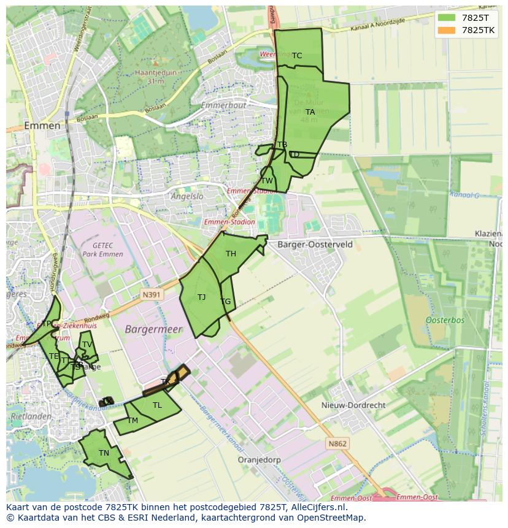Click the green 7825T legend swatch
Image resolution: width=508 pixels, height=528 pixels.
446,18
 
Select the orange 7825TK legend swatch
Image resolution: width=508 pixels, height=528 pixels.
446,30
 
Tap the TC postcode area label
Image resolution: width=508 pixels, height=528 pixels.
297,56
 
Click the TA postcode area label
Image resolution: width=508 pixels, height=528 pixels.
310,112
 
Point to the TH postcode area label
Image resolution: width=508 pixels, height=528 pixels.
231,254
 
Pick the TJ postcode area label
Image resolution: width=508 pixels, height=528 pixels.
202,297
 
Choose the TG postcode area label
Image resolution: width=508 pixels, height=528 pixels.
226,302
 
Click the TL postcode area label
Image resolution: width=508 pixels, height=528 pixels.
157,405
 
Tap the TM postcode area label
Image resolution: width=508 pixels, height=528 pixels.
133,421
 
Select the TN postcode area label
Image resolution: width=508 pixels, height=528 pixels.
104,453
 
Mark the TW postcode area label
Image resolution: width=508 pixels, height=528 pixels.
267,181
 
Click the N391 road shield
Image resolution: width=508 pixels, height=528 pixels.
151,294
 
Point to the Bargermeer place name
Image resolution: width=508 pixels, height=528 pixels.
154,329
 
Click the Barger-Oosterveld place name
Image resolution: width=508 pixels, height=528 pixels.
315,244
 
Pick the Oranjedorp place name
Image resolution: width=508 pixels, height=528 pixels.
260,459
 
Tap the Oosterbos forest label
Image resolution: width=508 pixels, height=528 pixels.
445,320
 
